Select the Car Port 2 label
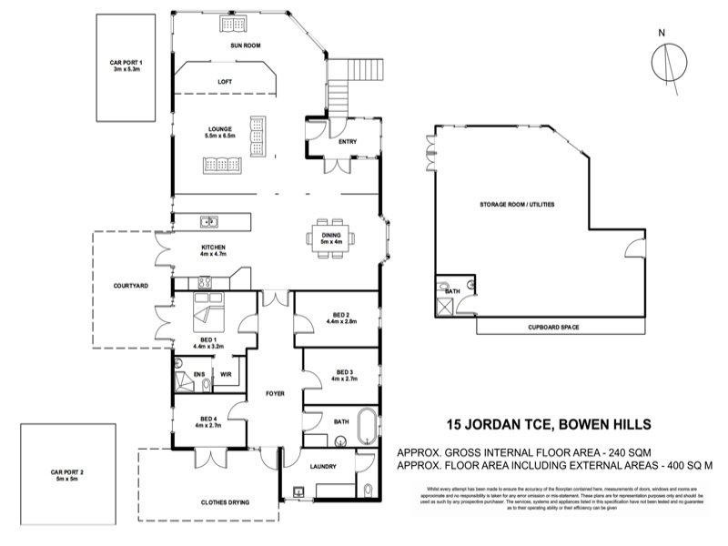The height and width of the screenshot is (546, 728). (x=67, y=475)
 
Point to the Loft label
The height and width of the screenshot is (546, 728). (x=225, y=82)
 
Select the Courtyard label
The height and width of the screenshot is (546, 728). (x=131, y=286)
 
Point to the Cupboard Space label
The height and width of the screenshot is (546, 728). (x=553, y=326)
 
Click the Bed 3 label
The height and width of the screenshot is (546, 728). (x=343, y=374)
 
